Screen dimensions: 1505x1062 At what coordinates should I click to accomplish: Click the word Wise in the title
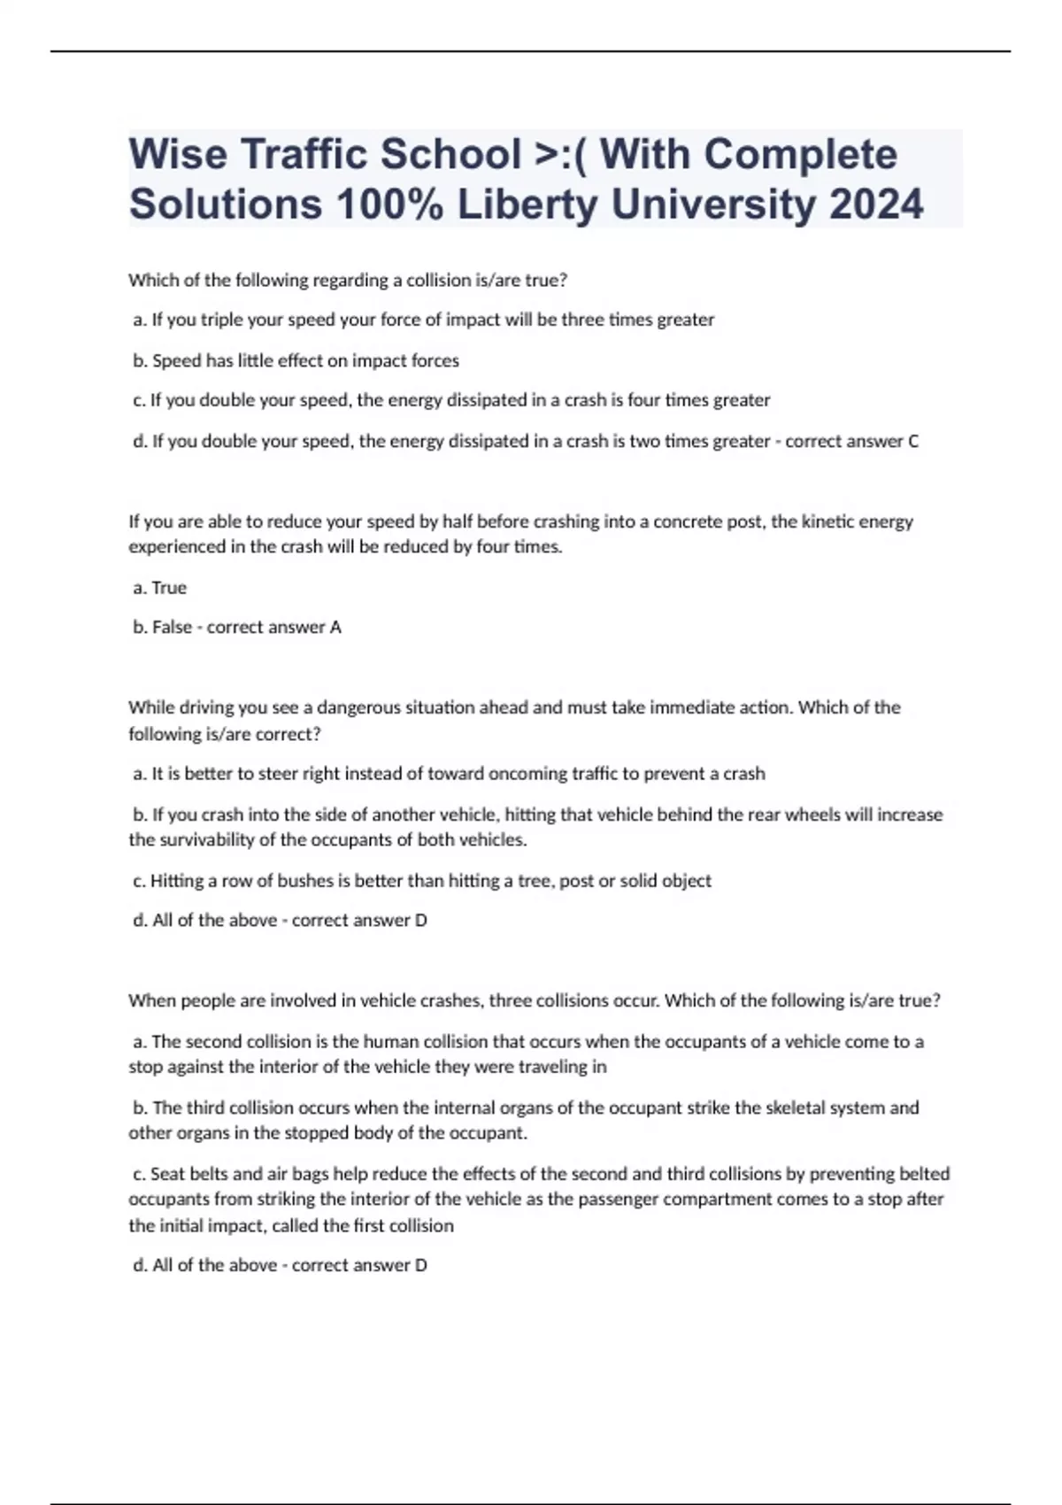(176, 155)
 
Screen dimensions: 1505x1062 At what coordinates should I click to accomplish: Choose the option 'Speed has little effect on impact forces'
(305, 360)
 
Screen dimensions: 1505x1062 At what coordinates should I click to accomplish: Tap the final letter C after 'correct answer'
(913, 441)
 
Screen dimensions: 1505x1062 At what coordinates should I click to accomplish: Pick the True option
(169, 588)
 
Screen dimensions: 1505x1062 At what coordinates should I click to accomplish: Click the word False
(172, 627)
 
